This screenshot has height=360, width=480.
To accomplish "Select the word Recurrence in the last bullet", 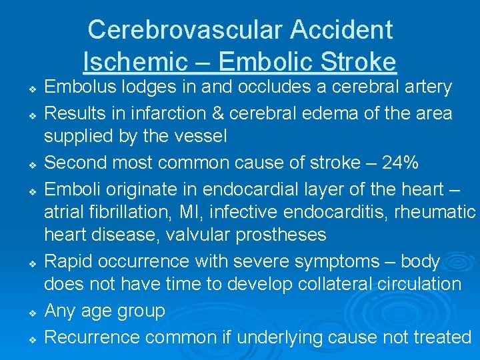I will coord(92,337).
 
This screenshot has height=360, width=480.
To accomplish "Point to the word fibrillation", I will coord(133,212).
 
